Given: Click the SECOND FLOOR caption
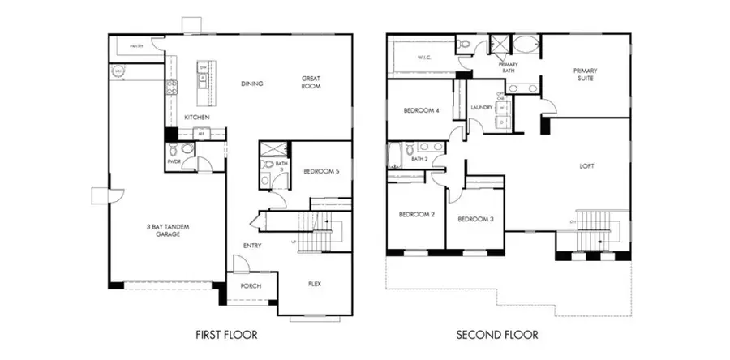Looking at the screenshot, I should (x=496, y=334).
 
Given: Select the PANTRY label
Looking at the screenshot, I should (x=136, y=47).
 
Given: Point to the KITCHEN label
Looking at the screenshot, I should (x=197, y=118).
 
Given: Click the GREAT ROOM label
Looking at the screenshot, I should (x=312, y=83).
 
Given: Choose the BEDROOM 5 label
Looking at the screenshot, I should (x=321, y=171).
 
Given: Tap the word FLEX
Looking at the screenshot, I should (x=317, y=285).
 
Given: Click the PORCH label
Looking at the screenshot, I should (x=251, y=287).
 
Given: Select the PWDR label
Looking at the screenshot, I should (x=174, y=161).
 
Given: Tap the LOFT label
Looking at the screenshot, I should (x=586, y=165).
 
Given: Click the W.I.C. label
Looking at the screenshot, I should (x=423, y=58).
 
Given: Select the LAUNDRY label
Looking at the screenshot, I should (x=482, y=106).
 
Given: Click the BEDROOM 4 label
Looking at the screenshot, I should (x=421, y=111).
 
